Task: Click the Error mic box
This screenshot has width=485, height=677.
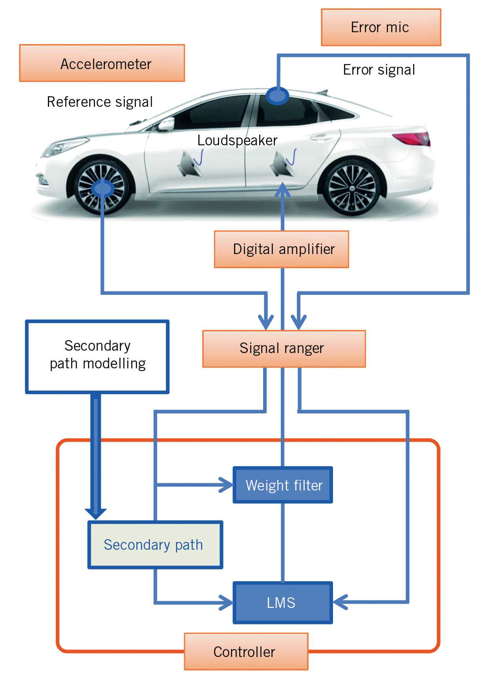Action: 381,27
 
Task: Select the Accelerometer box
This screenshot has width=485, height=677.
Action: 102,63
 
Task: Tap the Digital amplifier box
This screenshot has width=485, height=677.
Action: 281,249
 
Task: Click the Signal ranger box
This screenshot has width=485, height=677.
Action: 284,349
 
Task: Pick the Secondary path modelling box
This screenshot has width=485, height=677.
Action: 97,357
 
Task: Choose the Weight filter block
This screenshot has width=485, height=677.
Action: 283,485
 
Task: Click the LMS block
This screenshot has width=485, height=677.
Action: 282,602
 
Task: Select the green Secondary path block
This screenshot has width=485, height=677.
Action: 155,545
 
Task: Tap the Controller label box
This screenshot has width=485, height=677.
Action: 246,651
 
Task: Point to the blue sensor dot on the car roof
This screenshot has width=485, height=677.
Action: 277,96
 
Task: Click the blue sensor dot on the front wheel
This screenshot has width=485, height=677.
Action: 102,189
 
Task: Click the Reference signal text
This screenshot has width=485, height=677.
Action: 100,102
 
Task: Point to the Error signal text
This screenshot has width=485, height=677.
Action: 379,70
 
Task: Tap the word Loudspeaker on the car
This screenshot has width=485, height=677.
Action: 237,140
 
